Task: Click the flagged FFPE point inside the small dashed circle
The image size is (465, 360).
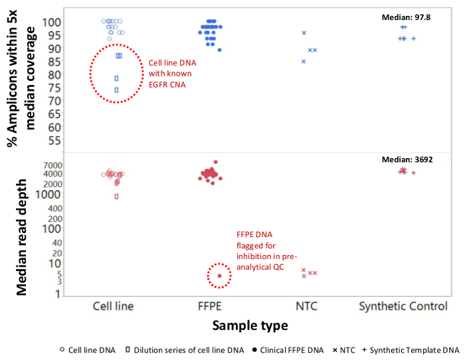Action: [219, 276]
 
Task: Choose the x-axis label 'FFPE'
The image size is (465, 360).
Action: [211, 306]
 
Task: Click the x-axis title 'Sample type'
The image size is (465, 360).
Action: [250, 325]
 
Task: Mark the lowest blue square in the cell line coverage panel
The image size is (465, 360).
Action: [116, 90]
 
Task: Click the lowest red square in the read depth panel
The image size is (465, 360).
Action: [116, 197]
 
